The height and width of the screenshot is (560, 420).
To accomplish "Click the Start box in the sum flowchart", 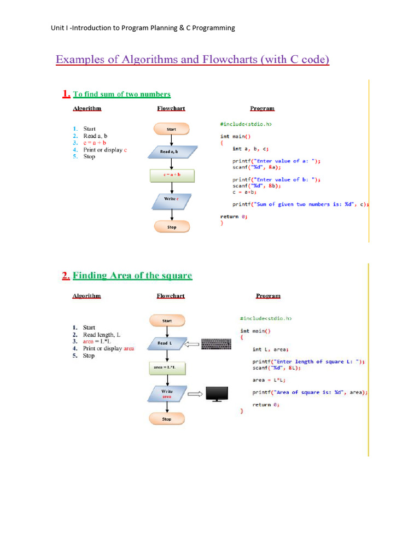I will [x=172, y=129].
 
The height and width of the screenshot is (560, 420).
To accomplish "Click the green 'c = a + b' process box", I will [x=172, y=175].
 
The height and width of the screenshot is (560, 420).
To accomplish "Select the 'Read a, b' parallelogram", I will [x=172, y=151].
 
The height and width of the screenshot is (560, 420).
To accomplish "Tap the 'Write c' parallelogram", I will [x=172, y=200].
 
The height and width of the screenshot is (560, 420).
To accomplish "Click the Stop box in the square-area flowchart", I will [x=167, y=419].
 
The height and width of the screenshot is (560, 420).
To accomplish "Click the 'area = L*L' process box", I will [x=167, y=368].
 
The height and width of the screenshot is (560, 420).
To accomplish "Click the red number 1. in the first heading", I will [x=66, y=94].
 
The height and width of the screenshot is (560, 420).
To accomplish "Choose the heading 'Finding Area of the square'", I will [x=132, y=276].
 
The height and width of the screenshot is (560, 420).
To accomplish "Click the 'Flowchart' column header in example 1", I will [x=171, y=109].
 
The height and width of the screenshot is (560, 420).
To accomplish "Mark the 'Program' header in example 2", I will [x=268, y=296].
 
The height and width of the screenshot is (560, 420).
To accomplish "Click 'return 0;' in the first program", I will [x=234, y=217].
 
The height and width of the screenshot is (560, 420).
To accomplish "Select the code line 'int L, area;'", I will [x=271, y=349].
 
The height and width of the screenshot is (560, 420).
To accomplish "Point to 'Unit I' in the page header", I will [x=59, y=28].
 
